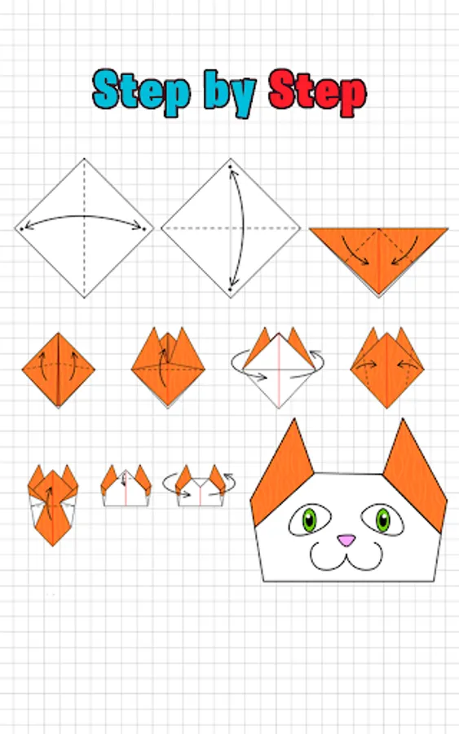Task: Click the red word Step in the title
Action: pos(318,93)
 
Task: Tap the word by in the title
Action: pos(230,94)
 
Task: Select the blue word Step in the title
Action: pos(142,92)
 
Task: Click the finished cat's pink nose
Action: pos(346,540)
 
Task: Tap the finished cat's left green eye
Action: pos(309,520)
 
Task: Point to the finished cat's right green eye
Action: pos(382,520)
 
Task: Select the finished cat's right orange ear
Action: pos(415,475)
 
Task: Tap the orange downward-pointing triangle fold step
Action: pos(378,255)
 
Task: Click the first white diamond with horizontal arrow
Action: pos(84,228)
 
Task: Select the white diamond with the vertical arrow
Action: pos(231,228)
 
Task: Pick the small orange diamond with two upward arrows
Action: pos(59,369)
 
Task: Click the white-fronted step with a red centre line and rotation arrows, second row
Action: pos(278,368)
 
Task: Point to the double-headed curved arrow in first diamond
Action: pos(84,217)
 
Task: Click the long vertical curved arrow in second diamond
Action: pos(242,228)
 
